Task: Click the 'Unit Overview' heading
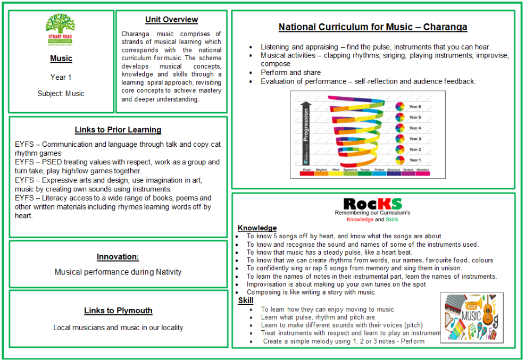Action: coord(171,20)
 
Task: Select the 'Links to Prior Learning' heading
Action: coord(118,130)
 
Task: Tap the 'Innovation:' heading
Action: coord(118,257)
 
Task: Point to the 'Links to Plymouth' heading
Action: coord(118,311)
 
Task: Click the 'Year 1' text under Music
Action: coord(61,77)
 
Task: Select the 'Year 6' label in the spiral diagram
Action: coord(415,106)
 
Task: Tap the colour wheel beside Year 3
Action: coord(400,139)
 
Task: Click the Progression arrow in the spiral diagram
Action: coord(305,133)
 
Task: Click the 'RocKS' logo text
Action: coord(372,204)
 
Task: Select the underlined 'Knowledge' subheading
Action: coord(257,228)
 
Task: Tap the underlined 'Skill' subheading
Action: coord(245,301)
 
